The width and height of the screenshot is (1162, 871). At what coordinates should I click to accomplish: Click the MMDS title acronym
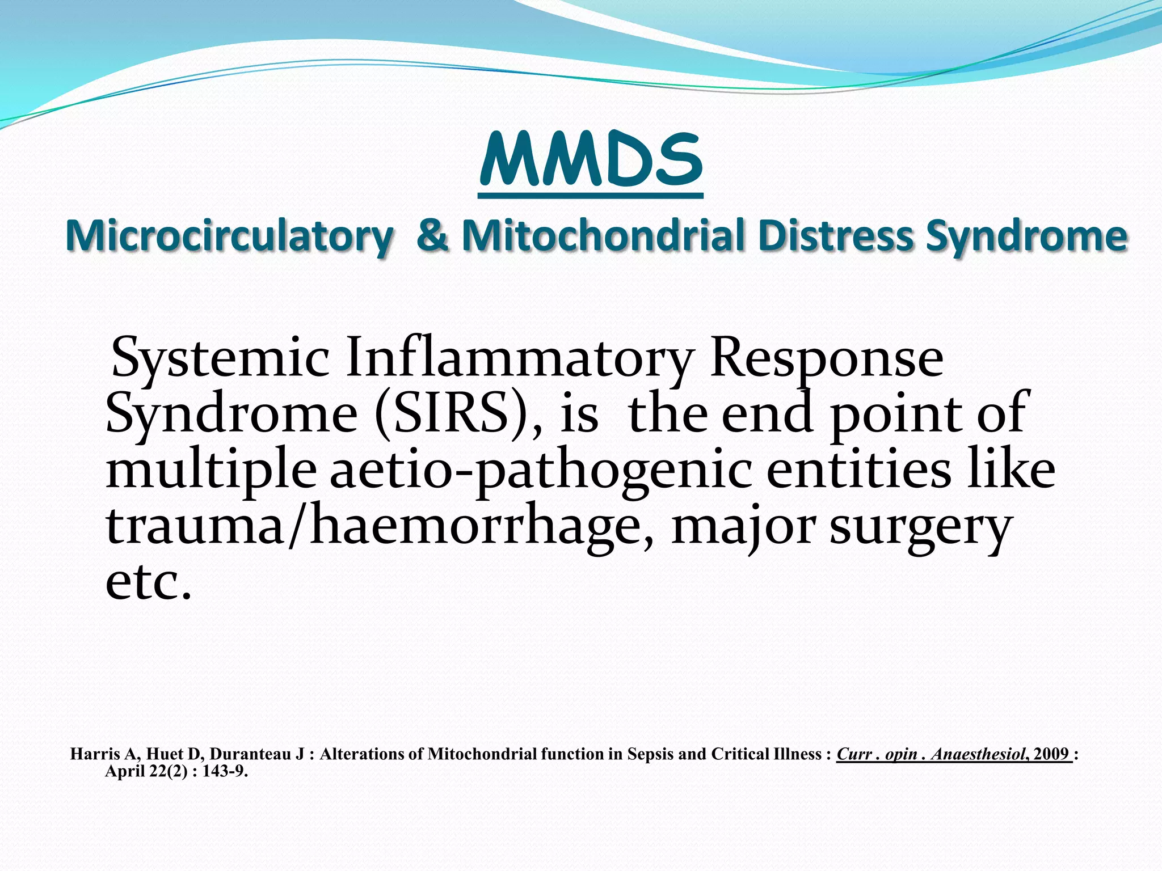(591, 160)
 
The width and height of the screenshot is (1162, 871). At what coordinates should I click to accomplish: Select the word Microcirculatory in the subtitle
(229, 236)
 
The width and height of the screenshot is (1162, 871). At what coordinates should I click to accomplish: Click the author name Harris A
(103, 754)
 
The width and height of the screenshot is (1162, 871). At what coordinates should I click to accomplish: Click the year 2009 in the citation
(1051, 754)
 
